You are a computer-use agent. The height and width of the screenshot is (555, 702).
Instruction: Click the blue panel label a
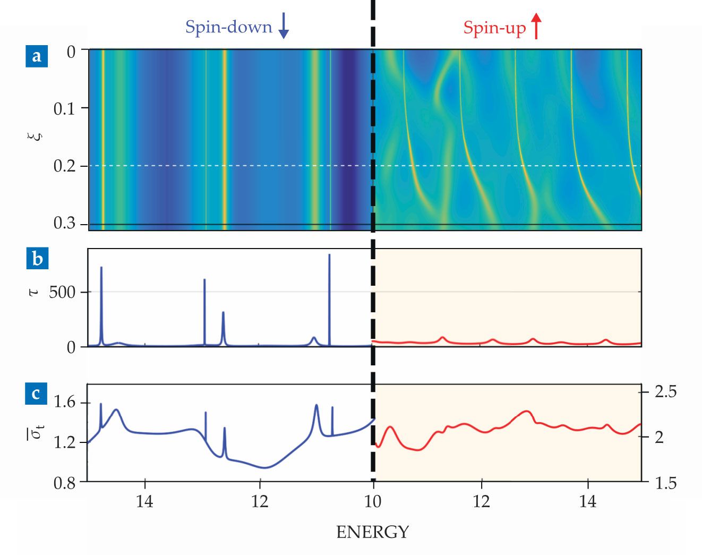tap(37, 56)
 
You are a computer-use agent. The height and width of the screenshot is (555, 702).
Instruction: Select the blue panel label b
tap(37, 259)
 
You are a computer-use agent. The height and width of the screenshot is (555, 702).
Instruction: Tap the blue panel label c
tap(36, 394)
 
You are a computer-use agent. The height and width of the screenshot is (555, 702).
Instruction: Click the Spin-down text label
tap(228, 27)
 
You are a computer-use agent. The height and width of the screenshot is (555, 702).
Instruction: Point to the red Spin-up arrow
tap(536, 26)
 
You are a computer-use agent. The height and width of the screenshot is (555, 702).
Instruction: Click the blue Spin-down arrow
tap(284, 26)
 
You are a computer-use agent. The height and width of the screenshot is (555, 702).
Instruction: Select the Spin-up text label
tap(494, 28)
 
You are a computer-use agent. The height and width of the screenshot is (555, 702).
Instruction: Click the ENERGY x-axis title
tap(373, 532)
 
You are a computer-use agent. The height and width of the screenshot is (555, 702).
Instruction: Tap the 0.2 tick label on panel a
tap(64, 166)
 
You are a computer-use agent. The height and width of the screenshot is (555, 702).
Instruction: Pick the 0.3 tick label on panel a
tap(64, 223)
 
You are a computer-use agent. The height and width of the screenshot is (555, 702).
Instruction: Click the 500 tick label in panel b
tap(62, 292)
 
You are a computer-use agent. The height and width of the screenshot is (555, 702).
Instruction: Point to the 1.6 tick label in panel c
tap(65, 402)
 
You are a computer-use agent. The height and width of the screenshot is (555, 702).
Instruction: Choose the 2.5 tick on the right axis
tap(666, 392)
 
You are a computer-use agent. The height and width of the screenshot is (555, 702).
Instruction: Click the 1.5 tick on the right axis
tap(666, 483)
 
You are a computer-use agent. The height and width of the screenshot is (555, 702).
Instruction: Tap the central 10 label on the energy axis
tap(373, 501)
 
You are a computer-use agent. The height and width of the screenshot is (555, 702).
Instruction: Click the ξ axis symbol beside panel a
tap(35, 136)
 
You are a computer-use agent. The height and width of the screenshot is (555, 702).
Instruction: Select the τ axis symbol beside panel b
tap(35, 292)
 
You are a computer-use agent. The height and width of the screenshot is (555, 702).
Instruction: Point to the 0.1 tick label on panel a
tap(64, 109)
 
